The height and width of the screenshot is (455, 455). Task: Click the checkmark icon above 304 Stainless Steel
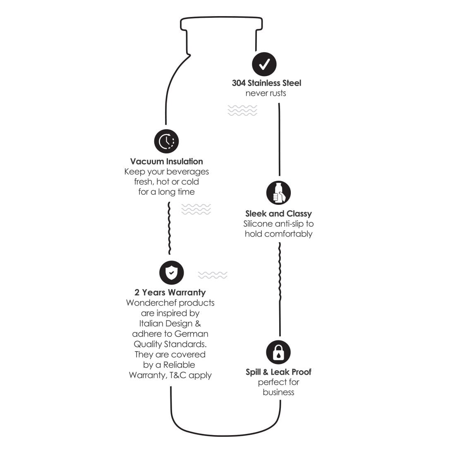264,64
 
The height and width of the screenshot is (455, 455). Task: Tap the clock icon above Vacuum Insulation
166,141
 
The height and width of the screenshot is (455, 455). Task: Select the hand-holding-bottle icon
278,193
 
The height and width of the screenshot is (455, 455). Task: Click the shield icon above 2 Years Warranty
172,273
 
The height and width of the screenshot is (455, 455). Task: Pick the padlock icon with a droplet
278,352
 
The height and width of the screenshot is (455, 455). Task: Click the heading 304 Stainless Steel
266,83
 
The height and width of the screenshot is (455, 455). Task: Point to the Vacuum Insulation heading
167,161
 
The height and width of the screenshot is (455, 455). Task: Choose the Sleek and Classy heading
278,213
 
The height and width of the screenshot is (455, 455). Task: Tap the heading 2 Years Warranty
170,292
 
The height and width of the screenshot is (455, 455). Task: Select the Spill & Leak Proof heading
278,372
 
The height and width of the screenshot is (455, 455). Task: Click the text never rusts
266,93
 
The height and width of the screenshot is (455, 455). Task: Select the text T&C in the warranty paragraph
178,375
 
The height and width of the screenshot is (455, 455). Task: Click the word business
278,392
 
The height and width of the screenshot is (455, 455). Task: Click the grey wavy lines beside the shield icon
213,275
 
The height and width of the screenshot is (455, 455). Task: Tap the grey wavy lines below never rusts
242,110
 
